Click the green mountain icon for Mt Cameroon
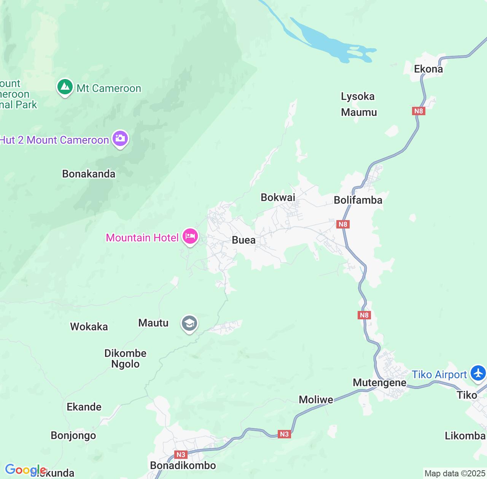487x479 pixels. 65,87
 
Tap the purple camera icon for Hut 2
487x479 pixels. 120,139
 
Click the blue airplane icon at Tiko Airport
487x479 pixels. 478,373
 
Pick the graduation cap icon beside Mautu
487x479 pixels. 189,324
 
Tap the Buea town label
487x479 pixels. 243,240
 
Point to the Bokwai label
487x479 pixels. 278,197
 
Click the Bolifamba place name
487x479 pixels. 358,200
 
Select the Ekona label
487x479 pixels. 428,69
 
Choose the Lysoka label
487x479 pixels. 358,97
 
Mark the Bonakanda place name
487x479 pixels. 89,174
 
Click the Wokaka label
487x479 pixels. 89,327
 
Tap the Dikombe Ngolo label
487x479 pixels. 125,358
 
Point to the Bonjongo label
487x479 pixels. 73,436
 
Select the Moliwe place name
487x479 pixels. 316,400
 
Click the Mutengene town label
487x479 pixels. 379,382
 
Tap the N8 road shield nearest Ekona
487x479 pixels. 418,111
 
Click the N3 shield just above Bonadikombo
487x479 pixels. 181,455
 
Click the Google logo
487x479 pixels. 25,470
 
